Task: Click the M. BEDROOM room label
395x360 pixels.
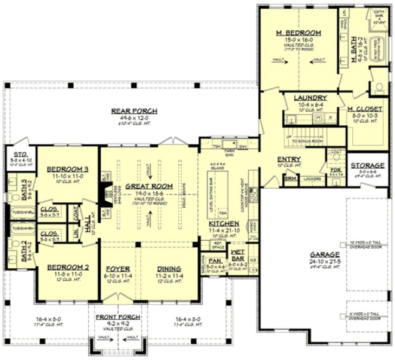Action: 298,33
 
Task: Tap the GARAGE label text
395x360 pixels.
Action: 325,254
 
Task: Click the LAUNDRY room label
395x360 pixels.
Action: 310,98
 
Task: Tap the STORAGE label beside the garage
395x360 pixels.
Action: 367,165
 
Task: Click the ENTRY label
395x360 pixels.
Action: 289,159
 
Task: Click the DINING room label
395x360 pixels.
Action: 169,268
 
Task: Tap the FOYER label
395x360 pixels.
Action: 117,268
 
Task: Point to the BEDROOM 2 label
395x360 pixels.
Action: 67,267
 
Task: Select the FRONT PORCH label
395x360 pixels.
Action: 118,317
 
